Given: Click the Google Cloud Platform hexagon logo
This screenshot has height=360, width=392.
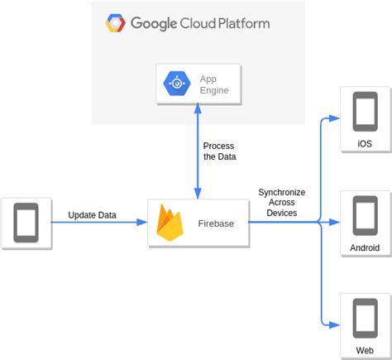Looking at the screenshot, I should pos(115,23).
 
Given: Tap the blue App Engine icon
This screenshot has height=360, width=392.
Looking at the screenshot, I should pos(178,84).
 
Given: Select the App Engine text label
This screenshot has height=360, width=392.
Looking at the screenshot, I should pos(213,84).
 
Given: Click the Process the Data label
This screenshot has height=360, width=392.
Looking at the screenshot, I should pos(218,151).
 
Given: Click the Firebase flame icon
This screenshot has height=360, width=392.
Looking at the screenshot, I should pos(170,223).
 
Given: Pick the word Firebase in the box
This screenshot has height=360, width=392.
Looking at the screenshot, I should pos(215,223).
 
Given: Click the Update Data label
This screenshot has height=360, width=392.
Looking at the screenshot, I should pos(92,215).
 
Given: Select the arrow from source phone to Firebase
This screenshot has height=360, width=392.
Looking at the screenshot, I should pos(99,223).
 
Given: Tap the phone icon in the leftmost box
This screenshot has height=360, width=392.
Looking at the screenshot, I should pos(26,222).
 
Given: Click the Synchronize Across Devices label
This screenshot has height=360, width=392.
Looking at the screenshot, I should pos(281,202).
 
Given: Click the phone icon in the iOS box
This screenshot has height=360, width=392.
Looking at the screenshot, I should pos(365,110).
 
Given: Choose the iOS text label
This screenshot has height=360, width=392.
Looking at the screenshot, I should pos(365,144).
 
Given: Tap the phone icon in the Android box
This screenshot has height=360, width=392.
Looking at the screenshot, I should pos(365,215).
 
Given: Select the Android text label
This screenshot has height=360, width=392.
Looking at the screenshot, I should pos(365,248).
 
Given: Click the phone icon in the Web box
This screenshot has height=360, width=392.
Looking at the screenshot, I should pos(365,317).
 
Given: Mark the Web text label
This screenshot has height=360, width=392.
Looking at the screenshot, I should pos(365,351).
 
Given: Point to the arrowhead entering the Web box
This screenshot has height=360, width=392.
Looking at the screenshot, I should pos(335,325).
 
